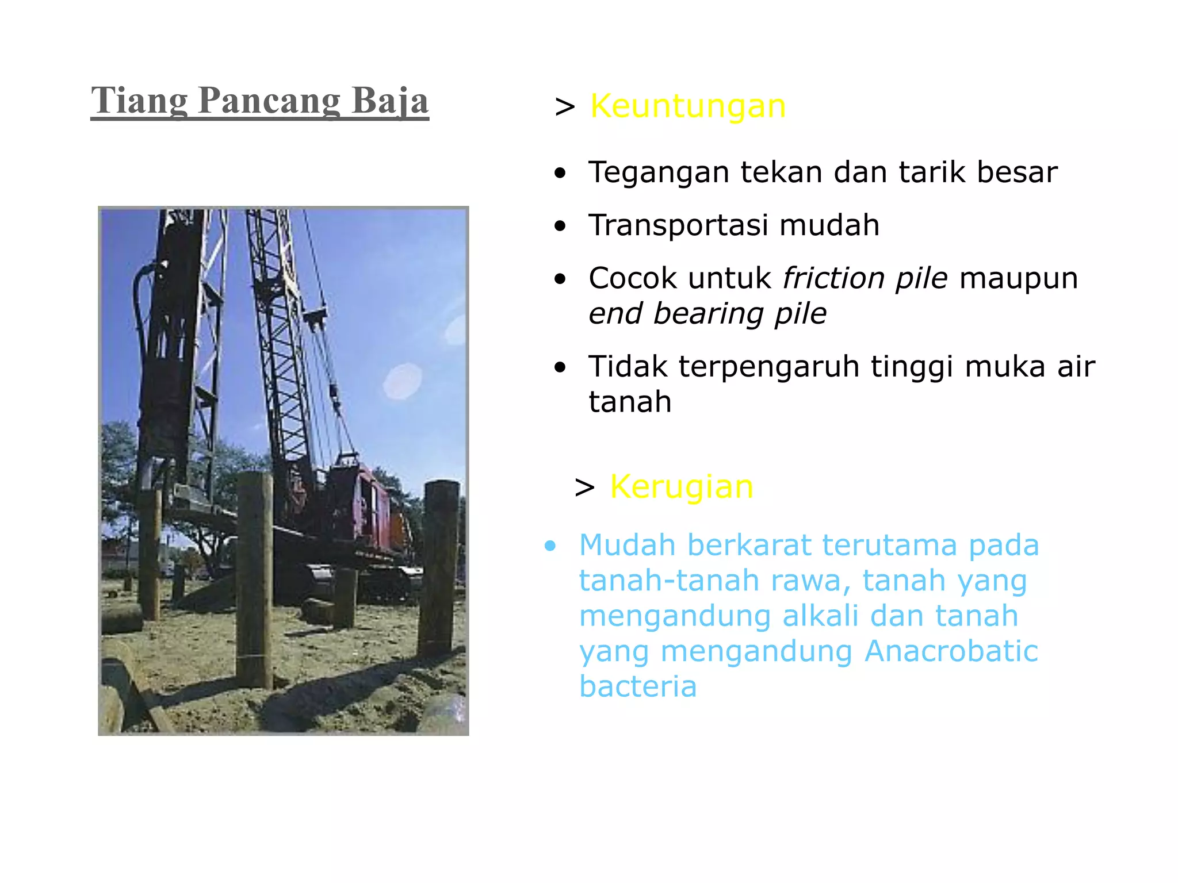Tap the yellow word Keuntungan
[x=688, y=106]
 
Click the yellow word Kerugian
[x=682, y=487]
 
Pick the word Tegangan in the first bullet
[x=659, y=172]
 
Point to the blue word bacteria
[x=638, y=687]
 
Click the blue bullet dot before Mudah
[x=550, y=546]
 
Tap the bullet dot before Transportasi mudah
[x=560, y=226]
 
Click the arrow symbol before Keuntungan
[x=565, y=108]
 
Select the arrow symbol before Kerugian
[x=584, y=488]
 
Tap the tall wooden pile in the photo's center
[x=255, y=581]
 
